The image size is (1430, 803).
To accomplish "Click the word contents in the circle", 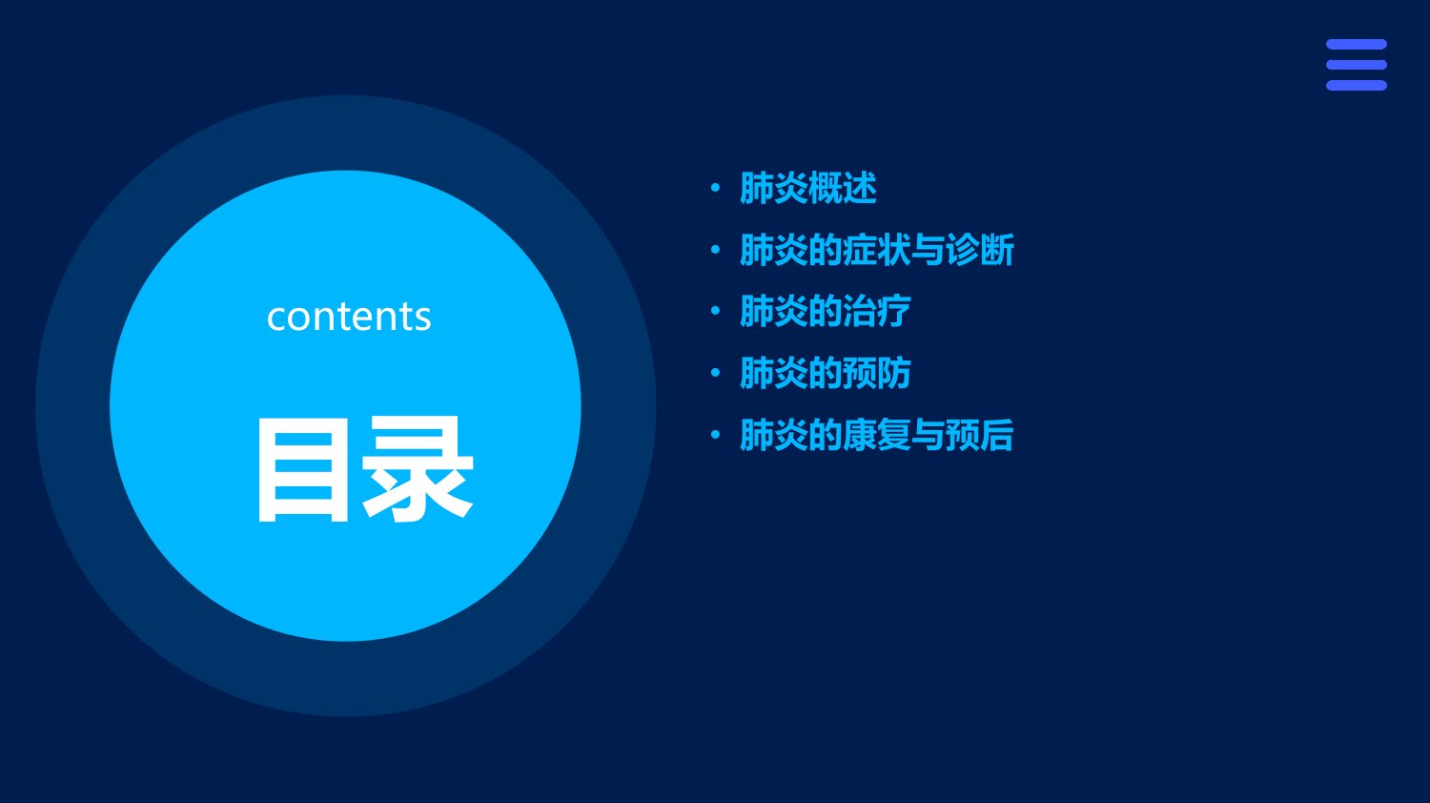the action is [x=349, y=317].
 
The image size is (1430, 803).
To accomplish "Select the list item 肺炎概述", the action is [x=808, y=188].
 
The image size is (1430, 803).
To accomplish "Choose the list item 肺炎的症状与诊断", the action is [x=876, y=250].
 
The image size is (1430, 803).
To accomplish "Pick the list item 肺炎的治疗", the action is [x=825, y=311].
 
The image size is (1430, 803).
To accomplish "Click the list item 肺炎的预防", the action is [x=825, y=373].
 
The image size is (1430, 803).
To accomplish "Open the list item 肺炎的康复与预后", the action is [x=876, y=435].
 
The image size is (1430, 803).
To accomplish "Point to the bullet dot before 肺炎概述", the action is [x=715, y=188].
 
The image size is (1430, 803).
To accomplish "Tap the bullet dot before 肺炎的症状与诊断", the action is [x=715, y=250].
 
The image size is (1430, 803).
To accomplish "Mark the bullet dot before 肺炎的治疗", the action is [x=715, y=311].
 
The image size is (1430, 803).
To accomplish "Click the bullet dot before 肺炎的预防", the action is [x=715, y=373].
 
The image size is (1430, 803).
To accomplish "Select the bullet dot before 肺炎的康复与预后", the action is [x=715, y=435].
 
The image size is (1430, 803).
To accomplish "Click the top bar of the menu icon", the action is [x=1357, y=44].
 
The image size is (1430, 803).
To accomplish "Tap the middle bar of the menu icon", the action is [x=1357, y=65].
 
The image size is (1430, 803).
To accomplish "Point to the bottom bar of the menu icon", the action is [x=1357, y=86].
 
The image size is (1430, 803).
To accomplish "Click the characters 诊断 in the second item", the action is [x=980, y=250].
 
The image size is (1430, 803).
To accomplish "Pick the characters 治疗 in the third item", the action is [x=876, y=311].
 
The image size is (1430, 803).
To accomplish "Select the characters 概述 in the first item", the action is [x=843, y=188].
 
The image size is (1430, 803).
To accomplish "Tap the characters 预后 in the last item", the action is [x=980, y=435].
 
